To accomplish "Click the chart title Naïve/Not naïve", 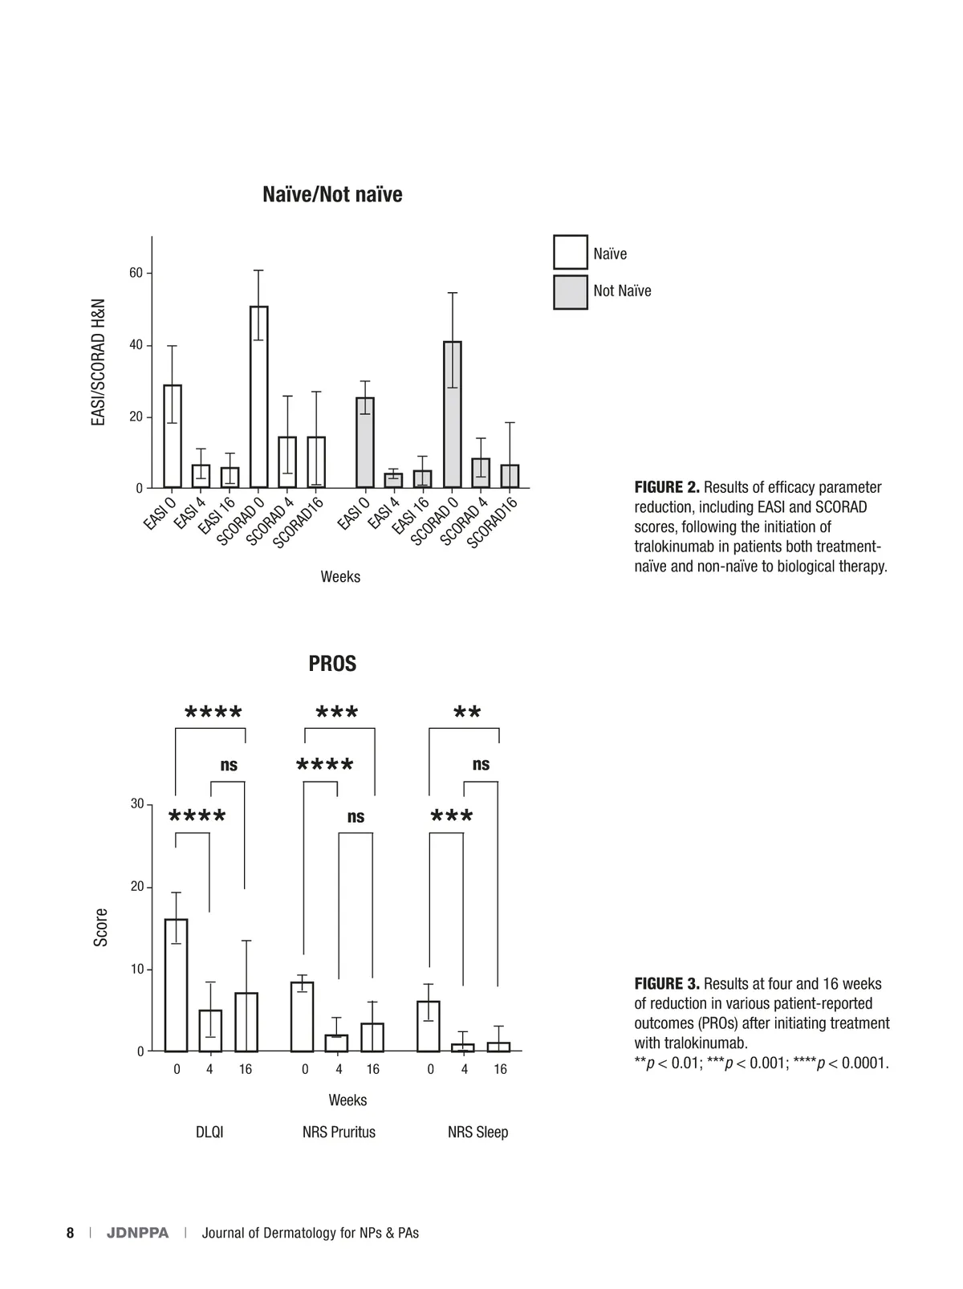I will coord(332,195).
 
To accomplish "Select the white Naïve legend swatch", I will coord(570,252).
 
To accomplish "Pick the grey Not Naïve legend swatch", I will coord(570,292).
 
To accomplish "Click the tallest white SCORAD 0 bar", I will coord(258,396).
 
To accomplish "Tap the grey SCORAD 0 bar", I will coord(452,414).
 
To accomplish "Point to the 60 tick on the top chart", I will coord(136,274).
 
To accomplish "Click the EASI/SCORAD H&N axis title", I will coord(99,362).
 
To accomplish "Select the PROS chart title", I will coord(332,664).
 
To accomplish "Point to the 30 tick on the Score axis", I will coord(137,804).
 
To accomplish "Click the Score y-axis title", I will coord(101,927).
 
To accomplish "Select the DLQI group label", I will coord(209,1132).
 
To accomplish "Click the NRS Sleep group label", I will coord(477,1132).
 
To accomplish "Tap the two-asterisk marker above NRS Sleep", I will coord(467,714).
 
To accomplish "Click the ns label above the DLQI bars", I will coord(229,765).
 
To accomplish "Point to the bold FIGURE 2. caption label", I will coord(667,487).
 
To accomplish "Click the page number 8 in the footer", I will coord(71,1233).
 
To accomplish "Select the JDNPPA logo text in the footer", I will coord(138,1233).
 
